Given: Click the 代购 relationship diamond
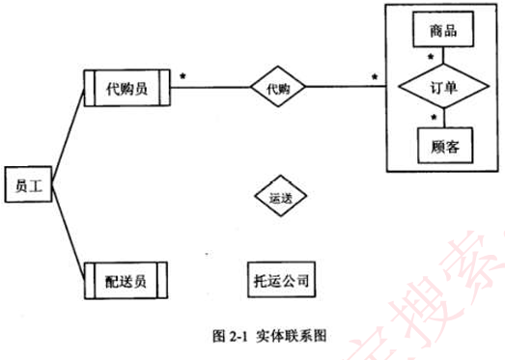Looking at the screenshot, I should [x=278, y=89].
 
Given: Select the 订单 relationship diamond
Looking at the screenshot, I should [x=441, y=88].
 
